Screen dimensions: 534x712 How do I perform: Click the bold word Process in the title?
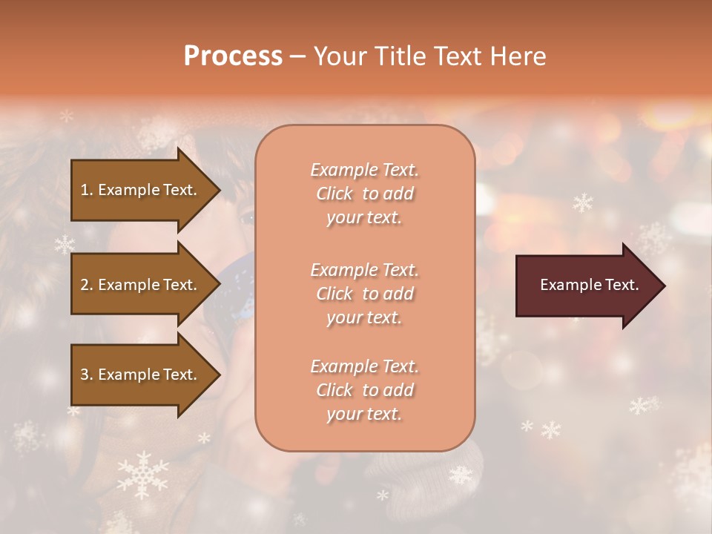pyautogui.click(x=233, y=56)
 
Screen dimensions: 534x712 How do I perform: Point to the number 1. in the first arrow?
pyautogui.click(x=87, y=190)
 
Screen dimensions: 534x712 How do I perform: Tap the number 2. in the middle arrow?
pyautogui.click(x=87, y=285)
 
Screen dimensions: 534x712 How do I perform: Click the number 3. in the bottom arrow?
pyautogui.click(x=87, y=375)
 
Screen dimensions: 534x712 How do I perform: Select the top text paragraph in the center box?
pyautogui.click(x=364, y=194)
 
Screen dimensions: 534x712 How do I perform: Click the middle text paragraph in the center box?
pyautogui.click(x=364, y=294)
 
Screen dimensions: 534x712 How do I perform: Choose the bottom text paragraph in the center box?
pyautogui.click(x=364, y=390)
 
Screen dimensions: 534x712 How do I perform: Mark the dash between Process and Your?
pyautogui.click(x=298, y=56)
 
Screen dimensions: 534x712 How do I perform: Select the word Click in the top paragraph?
pyautogui.click(x=334, y=194)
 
